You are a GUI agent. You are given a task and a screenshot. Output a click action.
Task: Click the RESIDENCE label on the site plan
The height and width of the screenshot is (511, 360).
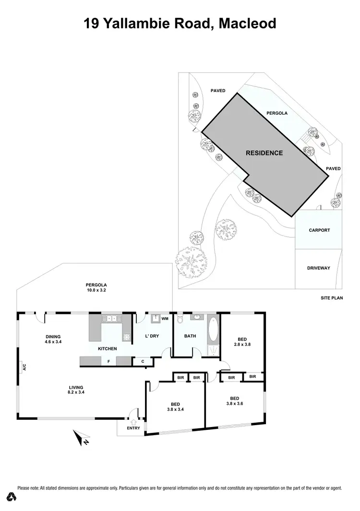coord(264,153)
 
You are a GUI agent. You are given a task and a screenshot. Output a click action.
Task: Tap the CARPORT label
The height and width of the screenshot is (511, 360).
coord(319,230)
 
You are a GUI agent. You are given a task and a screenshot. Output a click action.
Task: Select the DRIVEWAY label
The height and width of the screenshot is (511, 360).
coord(319,268)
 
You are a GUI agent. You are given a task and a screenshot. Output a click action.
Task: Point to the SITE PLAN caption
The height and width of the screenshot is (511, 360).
coord(332,298)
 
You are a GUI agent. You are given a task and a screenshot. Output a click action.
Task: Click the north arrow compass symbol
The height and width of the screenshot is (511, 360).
coord(79,437)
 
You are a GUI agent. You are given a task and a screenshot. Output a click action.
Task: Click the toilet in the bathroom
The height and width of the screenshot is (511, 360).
coord(180,319)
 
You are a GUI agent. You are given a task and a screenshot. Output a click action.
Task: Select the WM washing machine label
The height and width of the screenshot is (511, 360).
coord(165,318)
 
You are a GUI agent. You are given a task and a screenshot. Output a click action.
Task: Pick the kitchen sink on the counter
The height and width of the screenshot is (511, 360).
coord(110,318)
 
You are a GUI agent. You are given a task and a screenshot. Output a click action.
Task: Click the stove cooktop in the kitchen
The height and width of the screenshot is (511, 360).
coord(127,338)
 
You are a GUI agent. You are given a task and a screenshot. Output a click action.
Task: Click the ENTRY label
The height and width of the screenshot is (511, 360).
coord(133,428)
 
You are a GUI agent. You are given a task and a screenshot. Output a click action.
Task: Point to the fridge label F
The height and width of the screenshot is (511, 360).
coord(109,361)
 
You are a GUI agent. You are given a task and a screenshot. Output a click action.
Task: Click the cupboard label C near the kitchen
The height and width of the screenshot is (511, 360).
coord(143,361)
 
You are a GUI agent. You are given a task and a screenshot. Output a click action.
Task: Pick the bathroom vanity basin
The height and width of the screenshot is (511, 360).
coord(197,317)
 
